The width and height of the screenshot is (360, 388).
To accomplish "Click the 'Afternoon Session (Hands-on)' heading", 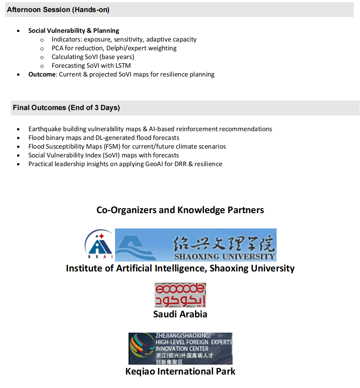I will point(58,10).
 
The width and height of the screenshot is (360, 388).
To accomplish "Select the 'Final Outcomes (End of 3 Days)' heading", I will point(66,108).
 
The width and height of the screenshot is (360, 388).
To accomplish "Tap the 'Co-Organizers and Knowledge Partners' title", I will point(180,210).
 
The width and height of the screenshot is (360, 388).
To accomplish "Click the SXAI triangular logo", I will point(99,244).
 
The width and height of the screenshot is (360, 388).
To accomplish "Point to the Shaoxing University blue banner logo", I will point(196,245).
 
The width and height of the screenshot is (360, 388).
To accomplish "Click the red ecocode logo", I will point(180,295).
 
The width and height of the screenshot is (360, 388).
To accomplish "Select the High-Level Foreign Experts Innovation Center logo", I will point(180,348).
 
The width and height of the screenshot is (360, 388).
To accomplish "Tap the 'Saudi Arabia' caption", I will point(180,314).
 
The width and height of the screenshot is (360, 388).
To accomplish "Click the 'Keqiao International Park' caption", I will point(180,372).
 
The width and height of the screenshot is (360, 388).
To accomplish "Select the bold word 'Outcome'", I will point(42,74).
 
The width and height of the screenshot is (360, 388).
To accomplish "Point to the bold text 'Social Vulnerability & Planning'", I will point(74,31).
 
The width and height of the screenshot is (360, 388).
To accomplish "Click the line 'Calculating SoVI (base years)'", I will point(93,57).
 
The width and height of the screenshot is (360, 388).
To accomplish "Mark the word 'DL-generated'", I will point(115,138).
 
